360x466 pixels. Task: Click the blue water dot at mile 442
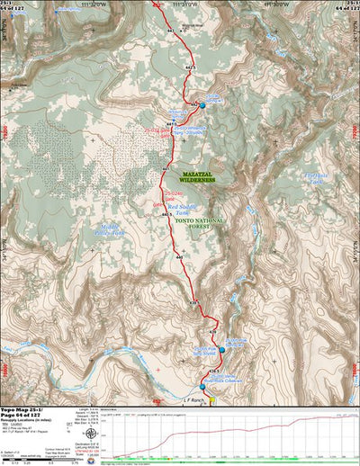pyautogui.click(x=202, y=105)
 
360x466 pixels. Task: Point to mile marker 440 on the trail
pyautogui.click(x=180, y=258)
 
